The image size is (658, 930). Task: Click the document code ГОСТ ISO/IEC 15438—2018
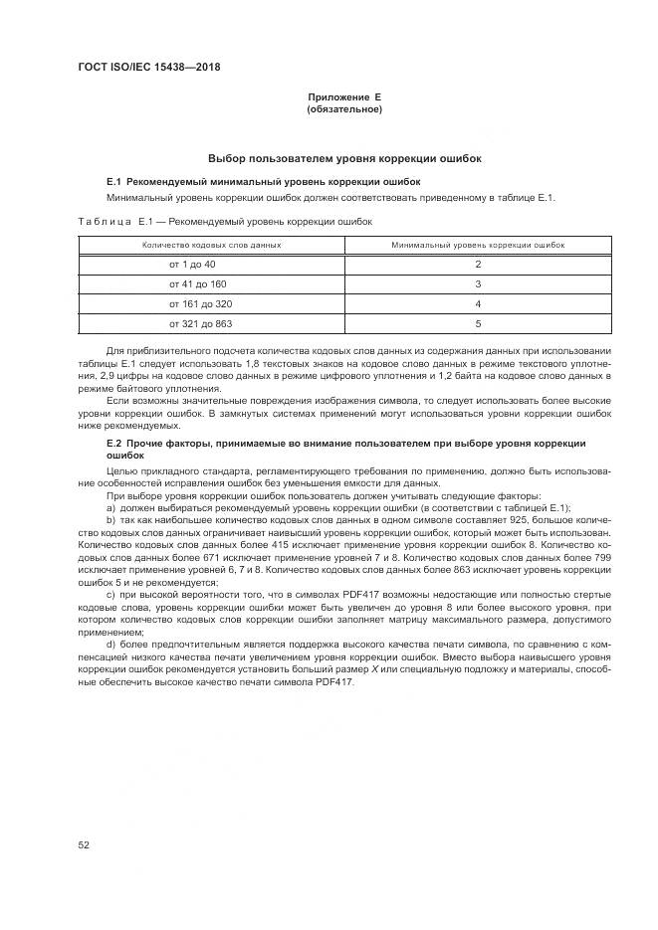[x=148, y=68]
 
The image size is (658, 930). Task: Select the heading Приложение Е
[x=344, y=97]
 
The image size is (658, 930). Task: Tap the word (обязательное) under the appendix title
[x=344, y=108]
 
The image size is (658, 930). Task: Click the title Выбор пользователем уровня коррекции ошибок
[x=344, y=158]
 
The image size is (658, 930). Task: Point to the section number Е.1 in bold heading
[x=112, y=182]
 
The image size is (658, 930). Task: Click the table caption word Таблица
[x=104, y=222]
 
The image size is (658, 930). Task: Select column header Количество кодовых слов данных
[x=211, y=244]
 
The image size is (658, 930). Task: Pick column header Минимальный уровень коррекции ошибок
[x=478, y=244]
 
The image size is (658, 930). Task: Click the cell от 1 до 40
[x=192, y=264]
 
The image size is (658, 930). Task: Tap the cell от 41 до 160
[x=198, y=283]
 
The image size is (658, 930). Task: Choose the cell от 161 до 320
[x=201, y=303]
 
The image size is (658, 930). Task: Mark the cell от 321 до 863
[x=201, y=323]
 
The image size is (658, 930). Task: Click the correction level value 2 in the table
[x=478, y=264]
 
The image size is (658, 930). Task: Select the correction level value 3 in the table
[x=478, y=283]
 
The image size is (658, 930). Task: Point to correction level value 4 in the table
[x=478, y=303]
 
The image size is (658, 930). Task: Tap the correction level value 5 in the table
[x=478, y=323]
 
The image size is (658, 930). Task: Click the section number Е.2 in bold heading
[x=112, y=442]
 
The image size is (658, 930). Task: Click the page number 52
[x=85, y=844]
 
